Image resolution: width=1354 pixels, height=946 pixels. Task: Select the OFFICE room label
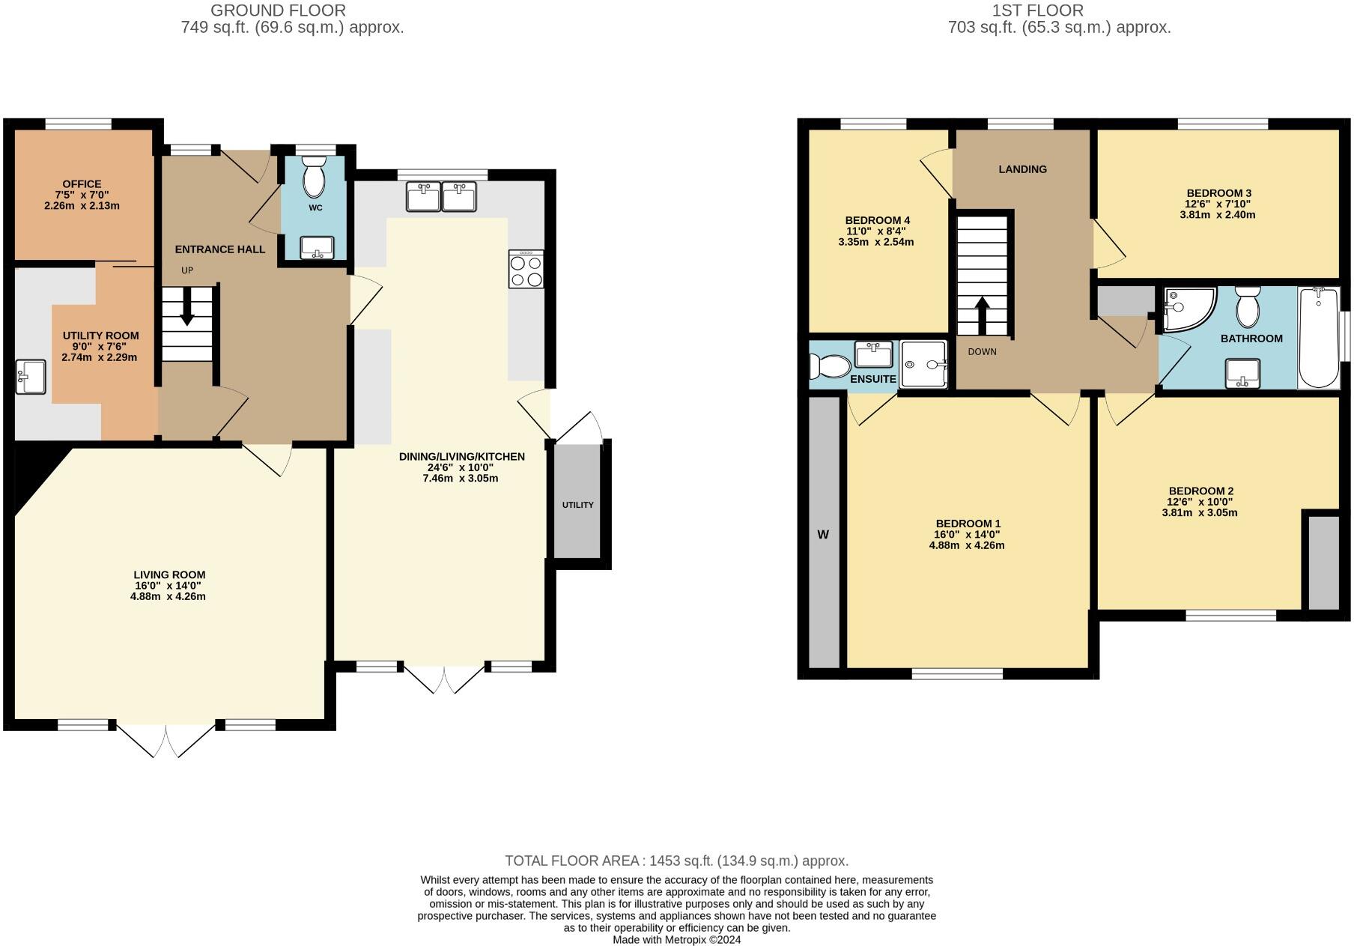click(82, 184)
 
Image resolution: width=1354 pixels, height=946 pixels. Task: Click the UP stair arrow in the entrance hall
click(186, 313)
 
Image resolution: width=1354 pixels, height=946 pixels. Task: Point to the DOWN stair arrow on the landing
click(981, 311)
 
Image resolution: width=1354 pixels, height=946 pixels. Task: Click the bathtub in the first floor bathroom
click(1320, 339)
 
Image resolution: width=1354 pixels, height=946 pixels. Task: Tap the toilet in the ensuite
click(829, 366)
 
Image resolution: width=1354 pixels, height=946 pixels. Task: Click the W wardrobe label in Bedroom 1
click(823, 535)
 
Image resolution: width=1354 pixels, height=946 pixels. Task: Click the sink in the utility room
click(30, 377)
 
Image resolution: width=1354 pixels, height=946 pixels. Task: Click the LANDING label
click(1022, 169)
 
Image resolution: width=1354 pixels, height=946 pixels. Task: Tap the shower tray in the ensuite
click(923, 364)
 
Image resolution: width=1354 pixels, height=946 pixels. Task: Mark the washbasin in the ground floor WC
click(317, 247)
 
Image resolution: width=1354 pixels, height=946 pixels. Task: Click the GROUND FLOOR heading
click(278, 10)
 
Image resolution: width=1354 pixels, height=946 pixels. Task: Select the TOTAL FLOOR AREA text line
click(676, 861)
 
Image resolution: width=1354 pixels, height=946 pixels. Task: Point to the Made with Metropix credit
click(676, 939)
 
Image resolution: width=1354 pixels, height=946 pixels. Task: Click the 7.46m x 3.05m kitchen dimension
click(460, 478)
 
